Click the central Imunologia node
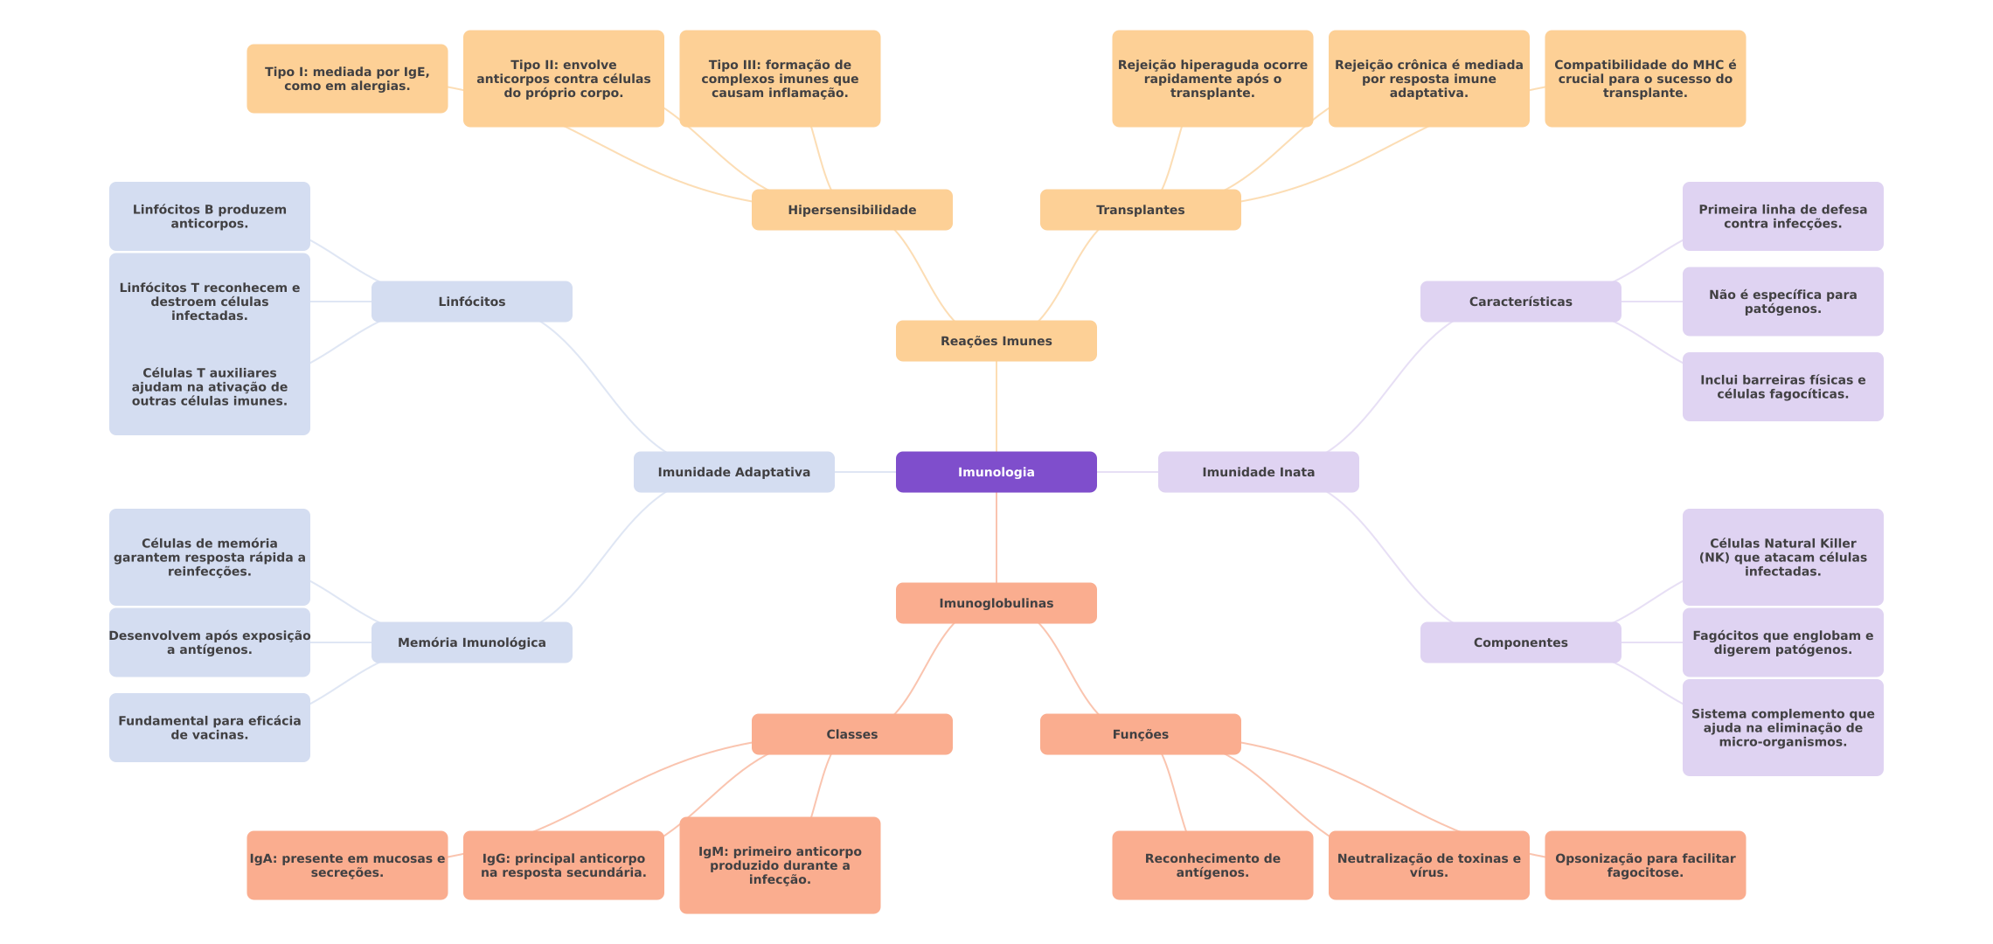coord(996,472)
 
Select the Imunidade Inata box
coord(1258,472)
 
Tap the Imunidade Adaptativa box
coord(733,472)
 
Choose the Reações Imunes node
coord(996,341)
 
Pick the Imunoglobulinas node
coord(996,603)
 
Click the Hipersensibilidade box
coord(851,210)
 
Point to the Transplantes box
coord(1140,210)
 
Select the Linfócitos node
coord(471,302)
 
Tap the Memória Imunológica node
coord(471,642)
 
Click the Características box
coord(1520,302)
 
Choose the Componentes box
coord(1520,642)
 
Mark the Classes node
coord(851,734)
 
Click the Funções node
coord(1140,734)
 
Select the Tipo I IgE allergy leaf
coord(347,79)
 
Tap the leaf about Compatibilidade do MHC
coord(1645,79)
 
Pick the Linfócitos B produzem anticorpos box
coord(209,216)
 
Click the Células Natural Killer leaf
coord(1782,557)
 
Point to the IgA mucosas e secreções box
coord(347,865)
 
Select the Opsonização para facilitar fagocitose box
coord(1645,865)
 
